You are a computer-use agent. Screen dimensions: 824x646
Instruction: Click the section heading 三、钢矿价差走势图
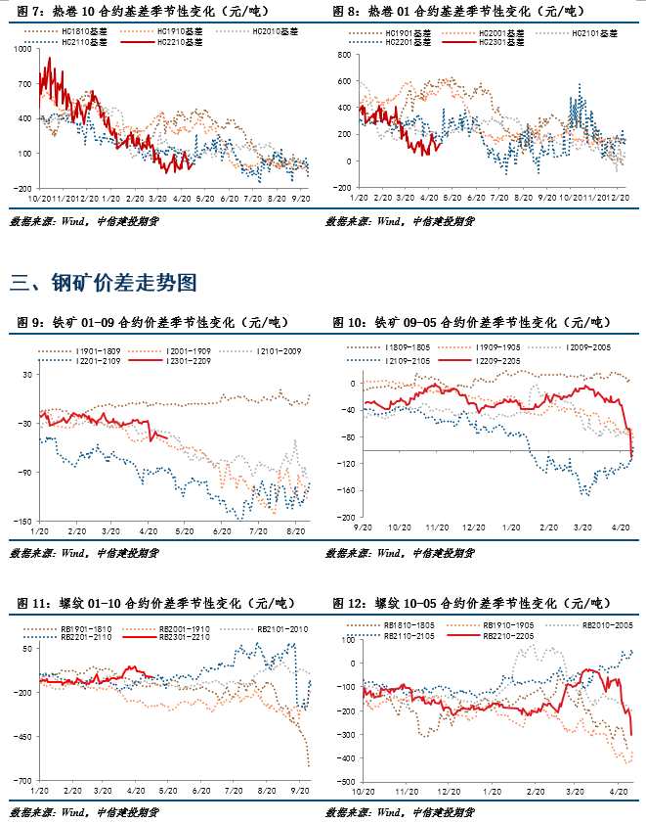coord(104,284)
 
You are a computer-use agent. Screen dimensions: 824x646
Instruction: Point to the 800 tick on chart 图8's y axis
coord(344,56)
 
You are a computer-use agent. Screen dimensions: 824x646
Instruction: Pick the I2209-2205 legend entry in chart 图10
coord(496,360)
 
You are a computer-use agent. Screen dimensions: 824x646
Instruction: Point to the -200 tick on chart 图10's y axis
coord(343,518)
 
